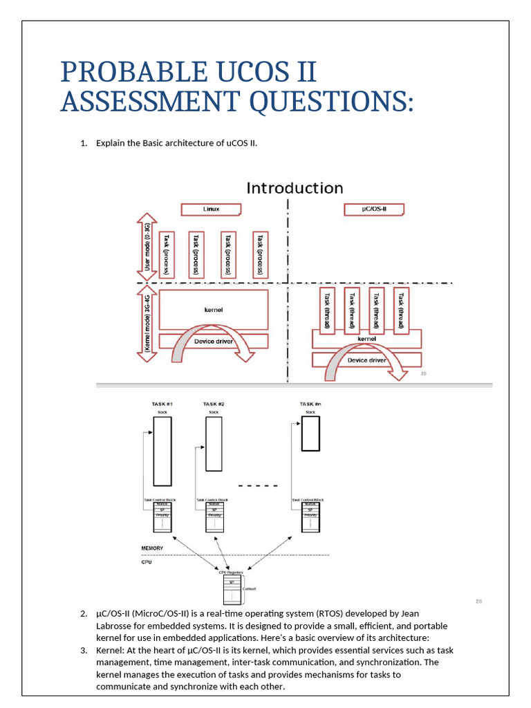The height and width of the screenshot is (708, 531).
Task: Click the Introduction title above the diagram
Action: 295,188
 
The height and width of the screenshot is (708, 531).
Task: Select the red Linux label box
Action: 211,209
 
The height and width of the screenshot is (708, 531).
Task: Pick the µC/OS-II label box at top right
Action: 374,209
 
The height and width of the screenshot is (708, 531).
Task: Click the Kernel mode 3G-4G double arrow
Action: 146,324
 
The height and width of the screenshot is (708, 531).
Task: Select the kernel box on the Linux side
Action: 214,310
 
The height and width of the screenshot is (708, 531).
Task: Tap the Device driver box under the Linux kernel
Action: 214,342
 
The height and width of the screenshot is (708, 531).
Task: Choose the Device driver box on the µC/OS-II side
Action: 367,360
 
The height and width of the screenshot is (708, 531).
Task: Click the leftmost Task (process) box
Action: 167,253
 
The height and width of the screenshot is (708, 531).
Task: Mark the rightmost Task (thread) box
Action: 399,308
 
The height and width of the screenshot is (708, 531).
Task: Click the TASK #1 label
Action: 162,404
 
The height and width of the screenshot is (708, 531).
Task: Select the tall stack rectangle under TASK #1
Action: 162,451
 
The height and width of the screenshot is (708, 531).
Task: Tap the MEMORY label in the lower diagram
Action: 152,548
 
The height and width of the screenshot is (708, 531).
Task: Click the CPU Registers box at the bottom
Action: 232,588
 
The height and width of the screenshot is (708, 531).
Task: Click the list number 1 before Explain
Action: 84,143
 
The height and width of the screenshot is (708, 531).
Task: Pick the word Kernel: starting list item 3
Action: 111,650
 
